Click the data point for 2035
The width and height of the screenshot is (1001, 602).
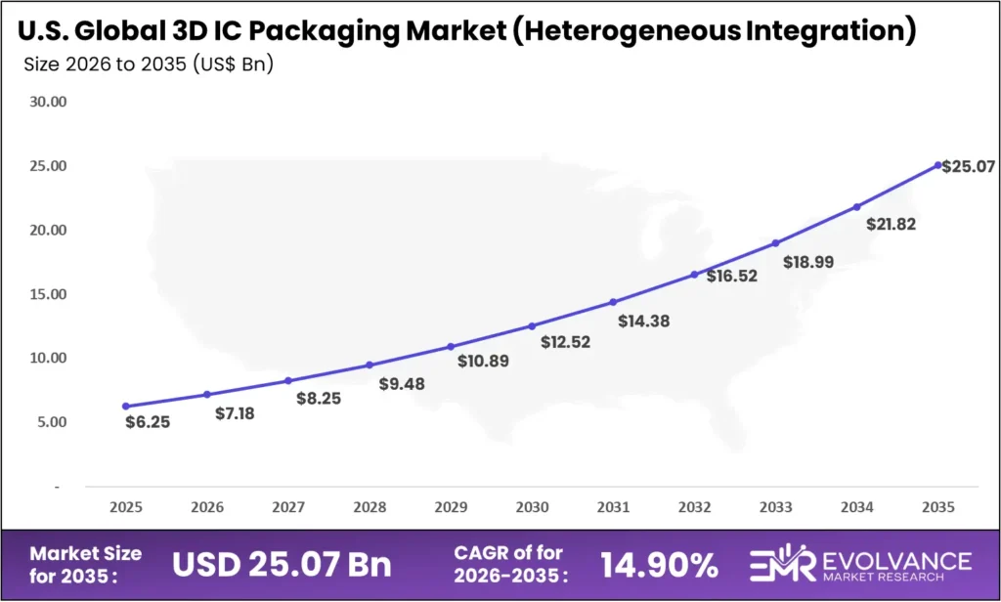click(938, 165)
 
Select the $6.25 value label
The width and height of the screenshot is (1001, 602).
click(147, 422)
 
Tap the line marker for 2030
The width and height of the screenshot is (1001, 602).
click(532, 325)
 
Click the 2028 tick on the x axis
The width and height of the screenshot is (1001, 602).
click(370, 507)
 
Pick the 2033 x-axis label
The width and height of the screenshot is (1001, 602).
click(775, 507)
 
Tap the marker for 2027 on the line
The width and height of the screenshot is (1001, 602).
click(287, 380)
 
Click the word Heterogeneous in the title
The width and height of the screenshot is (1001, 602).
click(610, 31)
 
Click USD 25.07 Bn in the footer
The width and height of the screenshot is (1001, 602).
click(282, 564)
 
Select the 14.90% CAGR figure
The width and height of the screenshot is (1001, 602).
click(660, 564)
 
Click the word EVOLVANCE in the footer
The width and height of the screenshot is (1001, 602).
click(891, 559)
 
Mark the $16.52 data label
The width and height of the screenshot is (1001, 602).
click(731, 277)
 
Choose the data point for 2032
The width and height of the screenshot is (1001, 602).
click(695, 274)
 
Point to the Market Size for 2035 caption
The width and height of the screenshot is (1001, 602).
click(85, 564)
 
